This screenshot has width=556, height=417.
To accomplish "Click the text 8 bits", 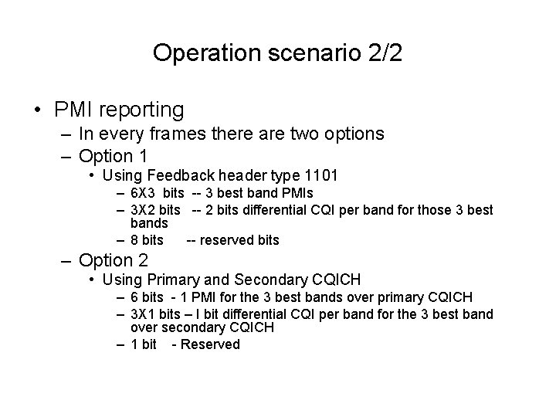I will point(147,240).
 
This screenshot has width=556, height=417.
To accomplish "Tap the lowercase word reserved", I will point(226,240).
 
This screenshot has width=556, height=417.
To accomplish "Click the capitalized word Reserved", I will point(209,344).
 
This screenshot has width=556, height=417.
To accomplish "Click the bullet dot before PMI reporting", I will point(37,110).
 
